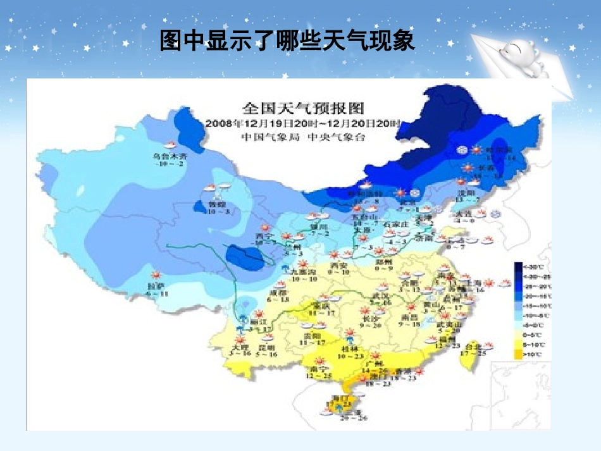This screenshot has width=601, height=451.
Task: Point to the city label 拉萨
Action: (156, 287)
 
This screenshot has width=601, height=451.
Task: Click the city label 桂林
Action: (348, 349)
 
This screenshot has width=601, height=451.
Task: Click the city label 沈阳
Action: (466, 193)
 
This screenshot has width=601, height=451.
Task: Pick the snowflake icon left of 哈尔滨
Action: (463, 150)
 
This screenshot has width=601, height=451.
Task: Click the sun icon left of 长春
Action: (468, 168)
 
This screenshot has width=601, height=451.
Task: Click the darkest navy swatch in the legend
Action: (518, 266)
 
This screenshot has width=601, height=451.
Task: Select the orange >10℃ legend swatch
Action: (518, 355)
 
